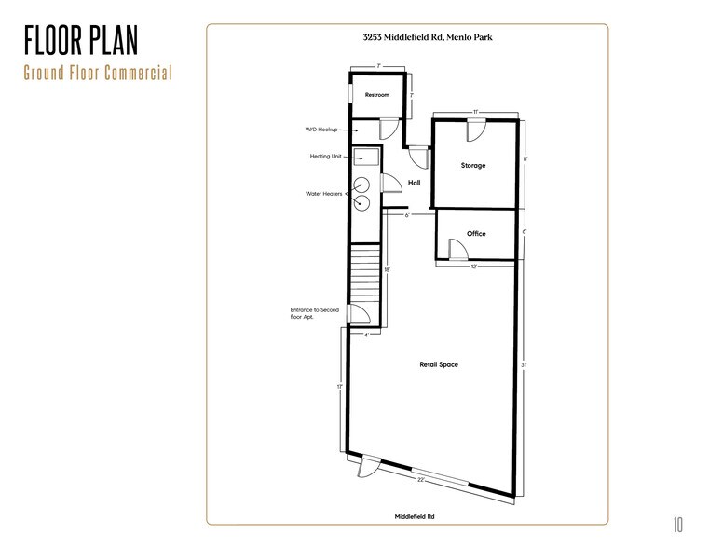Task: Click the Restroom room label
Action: click(x=376, y=95)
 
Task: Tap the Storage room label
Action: click(x=473, y=166)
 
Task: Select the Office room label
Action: click(x=476, y=234)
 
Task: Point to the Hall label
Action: click(x=415, y=184)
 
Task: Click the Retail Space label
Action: click(x=438, y=364)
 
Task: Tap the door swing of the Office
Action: click(x=457, y=249)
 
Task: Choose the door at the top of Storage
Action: click(x=476, y=130)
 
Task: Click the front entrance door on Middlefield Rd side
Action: click(x=367, y=465)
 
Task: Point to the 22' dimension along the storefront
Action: click(x=421, y=479)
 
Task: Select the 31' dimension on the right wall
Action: click(x=525, y=364)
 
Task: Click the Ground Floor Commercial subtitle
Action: click(x=99, y=73)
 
